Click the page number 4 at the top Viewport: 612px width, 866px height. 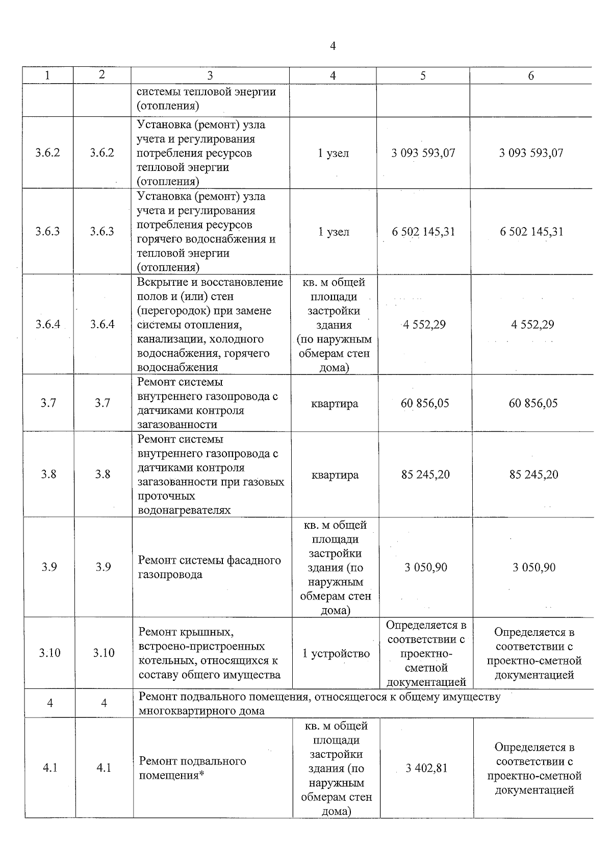coord(333,46)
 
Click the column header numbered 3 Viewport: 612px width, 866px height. coord(210,76)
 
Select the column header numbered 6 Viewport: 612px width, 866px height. coord(531,76)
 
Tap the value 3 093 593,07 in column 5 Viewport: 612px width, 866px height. coord(423,153)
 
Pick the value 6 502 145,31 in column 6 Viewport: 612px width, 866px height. coord(531,232)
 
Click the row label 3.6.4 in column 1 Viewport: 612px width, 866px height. coord(47,325)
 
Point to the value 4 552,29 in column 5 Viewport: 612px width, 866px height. coord(424,325)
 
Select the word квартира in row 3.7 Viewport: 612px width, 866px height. coord(335,404)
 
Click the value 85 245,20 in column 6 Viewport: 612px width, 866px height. coord(533,475)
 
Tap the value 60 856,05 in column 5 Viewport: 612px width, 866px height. coord(425,403)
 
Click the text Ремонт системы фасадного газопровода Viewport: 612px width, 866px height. coord(209,567)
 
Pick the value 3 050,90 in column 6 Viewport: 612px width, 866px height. coord(534,567)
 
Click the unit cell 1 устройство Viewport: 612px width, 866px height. coord(336,654)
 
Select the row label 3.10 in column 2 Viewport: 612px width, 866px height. coord(104,653)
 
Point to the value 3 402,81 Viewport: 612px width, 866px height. coord(426,768)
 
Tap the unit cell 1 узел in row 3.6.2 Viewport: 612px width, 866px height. coord(334,153)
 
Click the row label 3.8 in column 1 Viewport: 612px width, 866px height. coord(48,474)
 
